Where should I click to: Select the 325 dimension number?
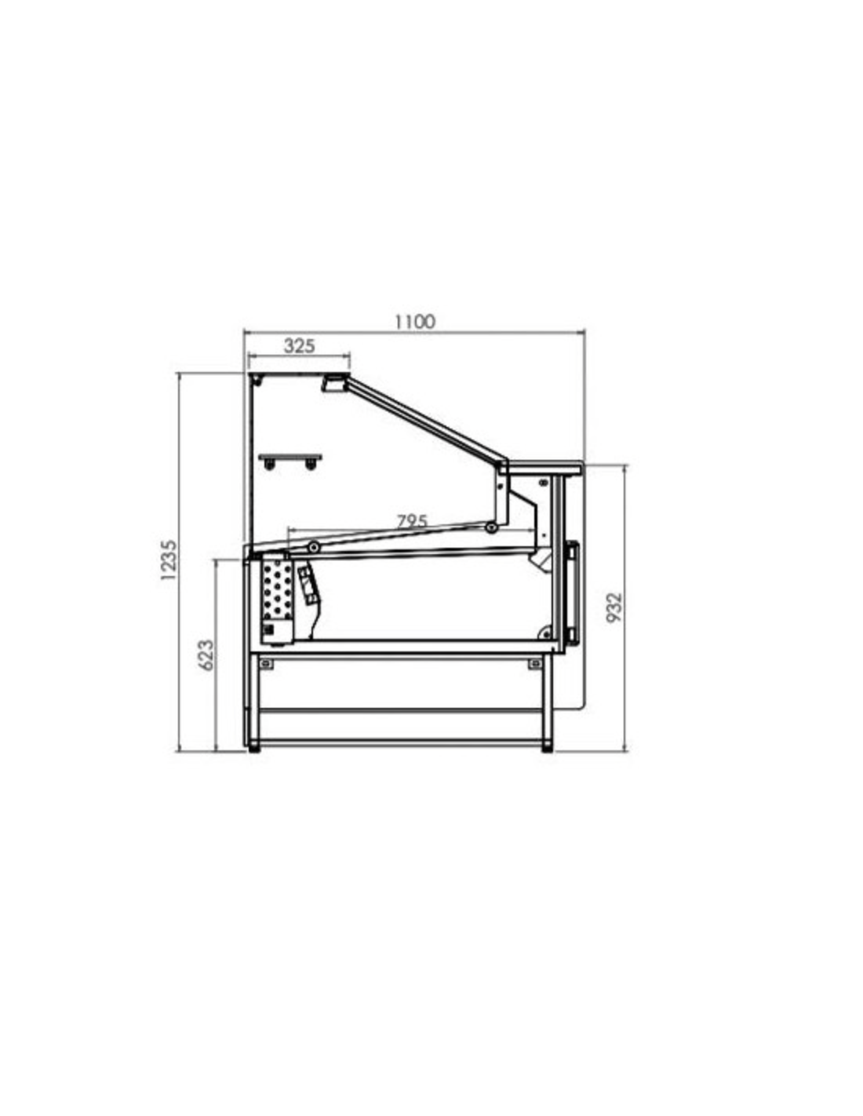click(299, 346)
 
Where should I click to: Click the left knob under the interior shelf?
click(268, 465)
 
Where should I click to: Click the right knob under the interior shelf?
click(310, 465)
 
